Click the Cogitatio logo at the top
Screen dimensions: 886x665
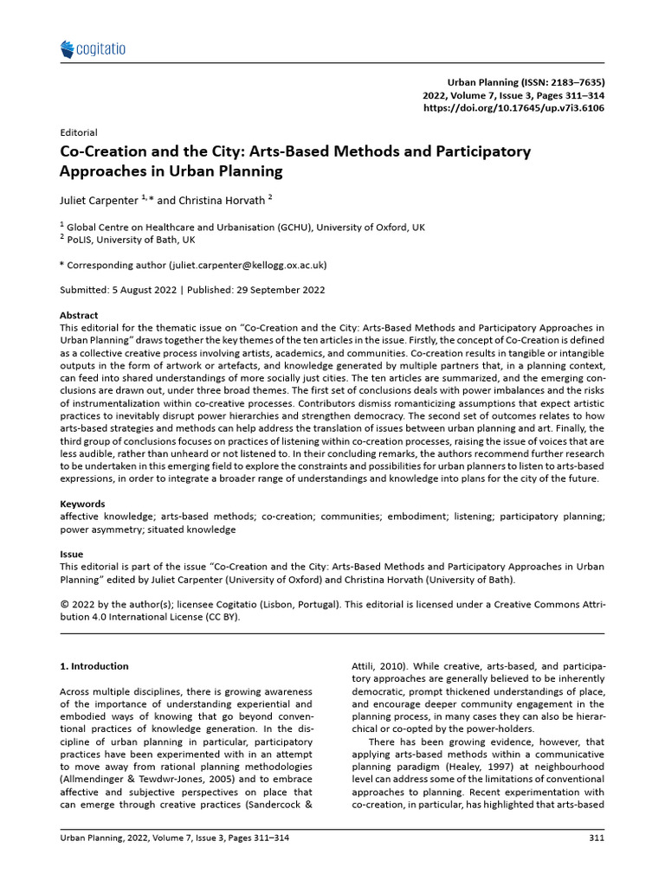[x=93, y=49]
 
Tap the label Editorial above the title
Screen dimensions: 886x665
[x=78, y=133]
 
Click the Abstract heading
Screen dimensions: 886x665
[x=79, y=316]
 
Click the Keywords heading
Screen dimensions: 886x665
[x=82, y=504]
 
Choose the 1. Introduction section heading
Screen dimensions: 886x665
[x=94, y=666]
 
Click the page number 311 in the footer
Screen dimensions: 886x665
[x=597, y=838]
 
